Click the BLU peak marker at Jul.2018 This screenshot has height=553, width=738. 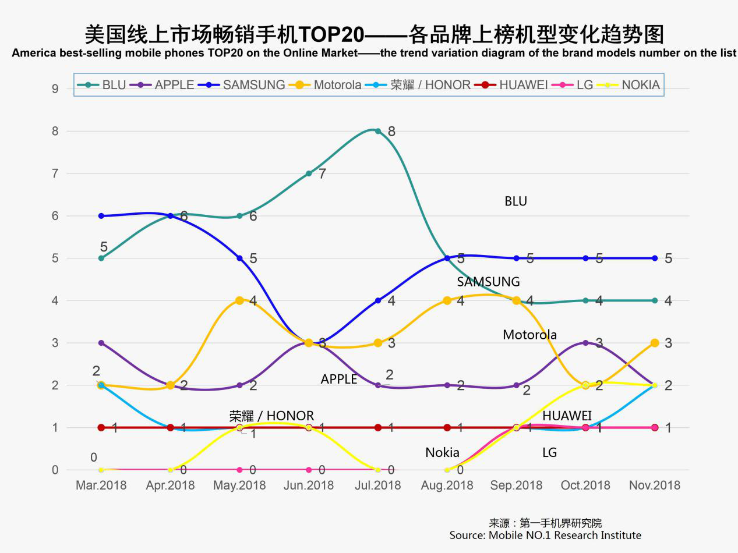[x=378, y=131]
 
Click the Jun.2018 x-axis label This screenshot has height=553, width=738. [x=309, y=485]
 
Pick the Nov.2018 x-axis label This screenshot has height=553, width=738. [x=655, y=485]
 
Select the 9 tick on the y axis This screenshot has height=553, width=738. [x=55, y=89]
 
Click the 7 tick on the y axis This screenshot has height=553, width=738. [x=55, y=173]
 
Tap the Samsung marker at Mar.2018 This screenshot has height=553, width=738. [x=101, y=216]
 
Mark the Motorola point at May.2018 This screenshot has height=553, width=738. [x=239, y=300]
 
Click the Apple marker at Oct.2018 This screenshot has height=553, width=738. [x=585, y=343]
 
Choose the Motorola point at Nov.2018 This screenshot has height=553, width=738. [x=655, y=343]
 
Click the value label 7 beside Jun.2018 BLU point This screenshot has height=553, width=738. [x=322, y=173]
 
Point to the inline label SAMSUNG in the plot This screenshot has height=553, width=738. [x=488, y=282]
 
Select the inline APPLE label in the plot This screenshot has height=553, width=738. [x=338, y=379]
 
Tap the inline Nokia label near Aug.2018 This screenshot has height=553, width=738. [x=442, y=452]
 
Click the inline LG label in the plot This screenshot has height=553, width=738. [x=549, y=452]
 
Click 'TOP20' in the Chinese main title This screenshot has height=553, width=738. [x=331, y=34]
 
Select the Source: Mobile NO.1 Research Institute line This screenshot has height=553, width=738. [x=545, y=535]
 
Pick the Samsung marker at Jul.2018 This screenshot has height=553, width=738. [x=378, y=300]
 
